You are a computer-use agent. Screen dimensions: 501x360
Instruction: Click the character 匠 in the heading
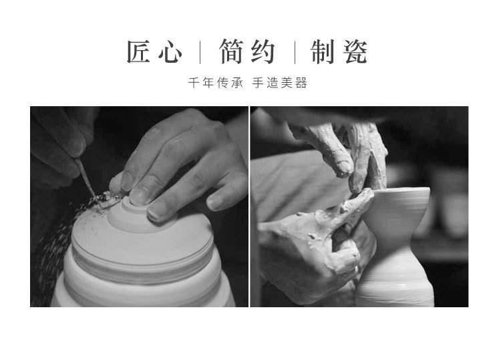pyautogui.click(x=138, y=51)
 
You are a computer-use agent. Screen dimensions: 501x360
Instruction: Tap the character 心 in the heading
pyautogui.click(x=170, y=52)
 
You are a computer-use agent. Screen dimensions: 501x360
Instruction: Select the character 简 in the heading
pyautogui.click(x=232, y=51)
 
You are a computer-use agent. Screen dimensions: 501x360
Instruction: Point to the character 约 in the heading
pyautogui.click(x=263, y=51)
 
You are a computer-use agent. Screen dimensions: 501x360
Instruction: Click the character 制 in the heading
pyautogui.click(x=323, y=51)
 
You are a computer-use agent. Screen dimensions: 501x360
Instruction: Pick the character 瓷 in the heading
pyautogui.click(x=355, y=51)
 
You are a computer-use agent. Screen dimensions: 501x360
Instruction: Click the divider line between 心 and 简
pyautogui.click(x=200, y=52)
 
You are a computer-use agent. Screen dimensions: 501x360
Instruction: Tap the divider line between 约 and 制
pyautogui.click(x=295, y=52)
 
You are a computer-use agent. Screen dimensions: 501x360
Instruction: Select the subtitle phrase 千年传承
pyautogui.click(x=216, y=83)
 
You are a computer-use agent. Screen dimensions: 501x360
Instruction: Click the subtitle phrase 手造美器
pyautogui.click(x=280, y=83)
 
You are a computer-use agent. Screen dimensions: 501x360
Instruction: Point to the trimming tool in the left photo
pyautogui.click(x=86, y=176)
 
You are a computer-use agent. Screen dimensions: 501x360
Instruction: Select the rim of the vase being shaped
pyautogui.click(x=400, y=190)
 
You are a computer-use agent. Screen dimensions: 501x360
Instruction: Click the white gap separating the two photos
pyautogui.click(x=249, y=206)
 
